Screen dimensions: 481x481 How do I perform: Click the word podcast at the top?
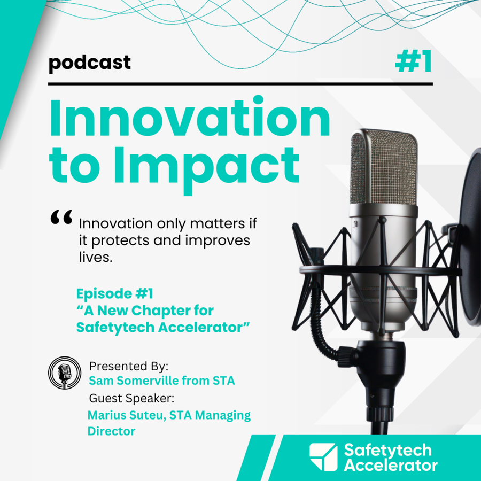click(90, 63)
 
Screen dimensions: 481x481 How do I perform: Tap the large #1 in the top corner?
click(414, 61)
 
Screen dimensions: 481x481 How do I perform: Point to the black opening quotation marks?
click(61, 217)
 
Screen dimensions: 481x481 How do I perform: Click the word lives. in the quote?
click(96, 257)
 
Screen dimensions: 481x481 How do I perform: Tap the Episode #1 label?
click(115, 293)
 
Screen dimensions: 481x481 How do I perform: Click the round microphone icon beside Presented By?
click(65, 373)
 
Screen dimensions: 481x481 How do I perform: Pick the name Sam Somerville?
click(134, 381)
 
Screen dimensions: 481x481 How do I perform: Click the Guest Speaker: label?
click(131, 398)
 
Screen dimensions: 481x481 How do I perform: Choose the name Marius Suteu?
click(127, 415)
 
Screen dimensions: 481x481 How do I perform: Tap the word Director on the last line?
click(111, 431)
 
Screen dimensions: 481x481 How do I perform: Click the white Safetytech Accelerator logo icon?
click(324, 457)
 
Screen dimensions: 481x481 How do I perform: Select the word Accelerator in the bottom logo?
click(391, 466)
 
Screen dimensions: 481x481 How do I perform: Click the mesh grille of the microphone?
click(384, 167)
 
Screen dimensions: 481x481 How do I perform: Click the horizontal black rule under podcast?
click(241, 84)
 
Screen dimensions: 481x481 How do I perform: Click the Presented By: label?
click(128, 366)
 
